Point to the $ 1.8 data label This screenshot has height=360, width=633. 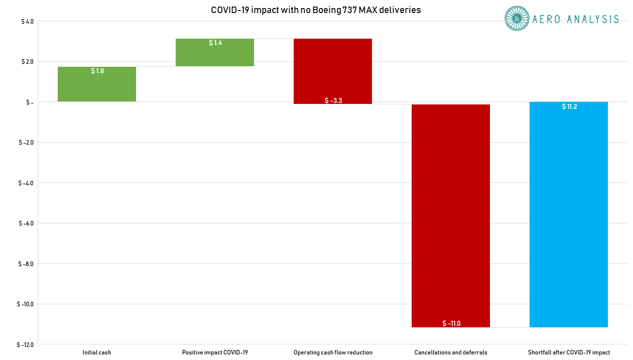point(97,71)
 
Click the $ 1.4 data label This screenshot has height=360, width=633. point(215,43)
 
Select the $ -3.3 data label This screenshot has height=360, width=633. point(333,100)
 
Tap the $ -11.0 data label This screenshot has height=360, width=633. point(451,323)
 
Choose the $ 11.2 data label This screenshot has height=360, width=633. point(569,106)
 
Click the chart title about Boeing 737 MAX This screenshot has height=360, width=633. point(316,10)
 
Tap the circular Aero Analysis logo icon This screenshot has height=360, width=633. point(517,19)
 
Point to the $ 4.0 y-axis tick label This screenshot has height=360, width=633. point(27,21)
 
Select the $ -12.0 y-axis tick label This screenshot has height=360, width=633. point(26,344)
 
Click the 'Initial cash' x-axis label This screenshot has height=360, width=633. point(97,352)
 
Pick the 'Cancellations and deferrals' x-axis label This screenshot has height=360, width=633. point(451,352)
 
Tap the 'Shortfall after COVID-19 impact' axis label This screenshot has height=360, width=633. point(569,352)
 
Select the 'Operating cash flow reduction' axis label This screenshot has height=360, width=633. point(333,352)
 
